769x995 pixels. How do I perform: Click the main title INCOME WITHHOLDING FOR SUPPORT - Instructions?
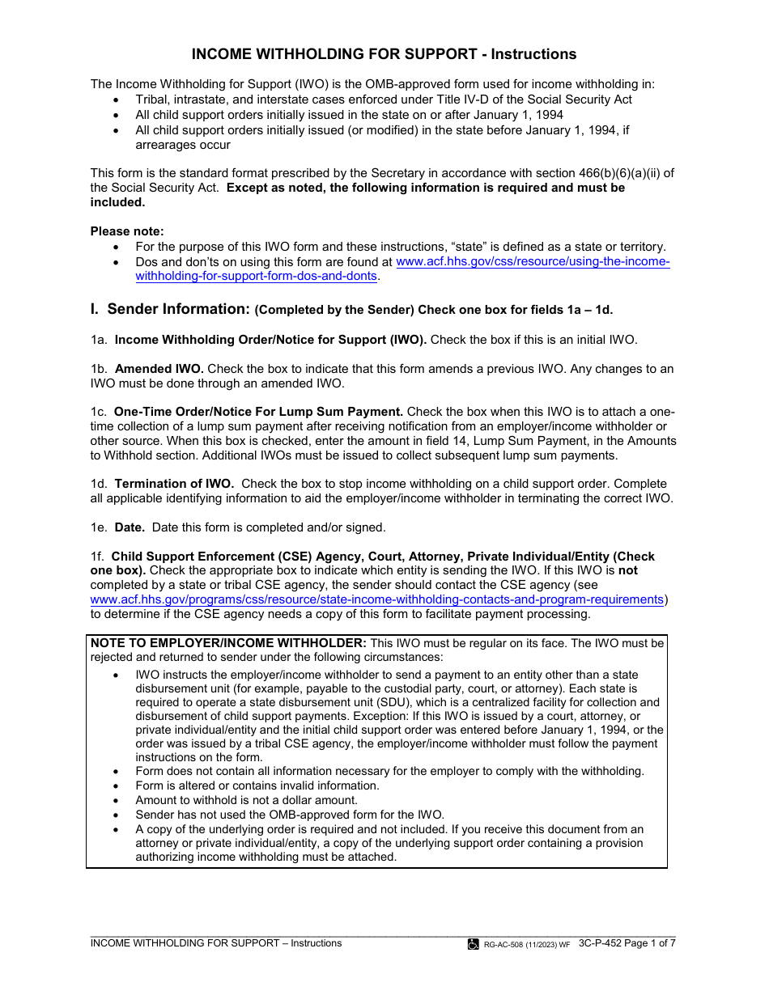[x=384, y=54]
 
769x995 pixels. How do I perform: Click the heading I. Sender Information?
[x=171, y=309]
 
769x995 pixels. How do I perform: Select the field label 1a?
[x=99, y=340]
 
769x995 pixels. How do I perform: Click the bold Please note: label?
[x=127, y=231]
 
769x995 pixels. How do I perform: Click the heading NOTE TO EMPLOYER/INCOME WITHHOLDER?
[x=229, y=643]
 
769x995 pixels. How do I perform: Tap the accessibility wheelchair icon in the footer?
[x=473, y=944]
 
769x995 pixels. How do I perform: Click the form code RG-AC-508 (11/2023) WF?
[x=526, y=944]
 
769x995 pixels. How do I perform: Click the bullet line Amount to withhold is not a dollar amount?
[x=246, y=800]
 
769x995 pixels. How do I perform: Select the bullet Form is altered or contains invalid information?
[x=257, y=785]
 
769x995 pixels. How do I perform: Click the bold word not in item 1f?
[x=627, y=570]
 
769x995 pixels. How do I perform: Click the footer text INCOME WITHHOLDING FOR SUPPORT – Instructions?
[x=215, y=943]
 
